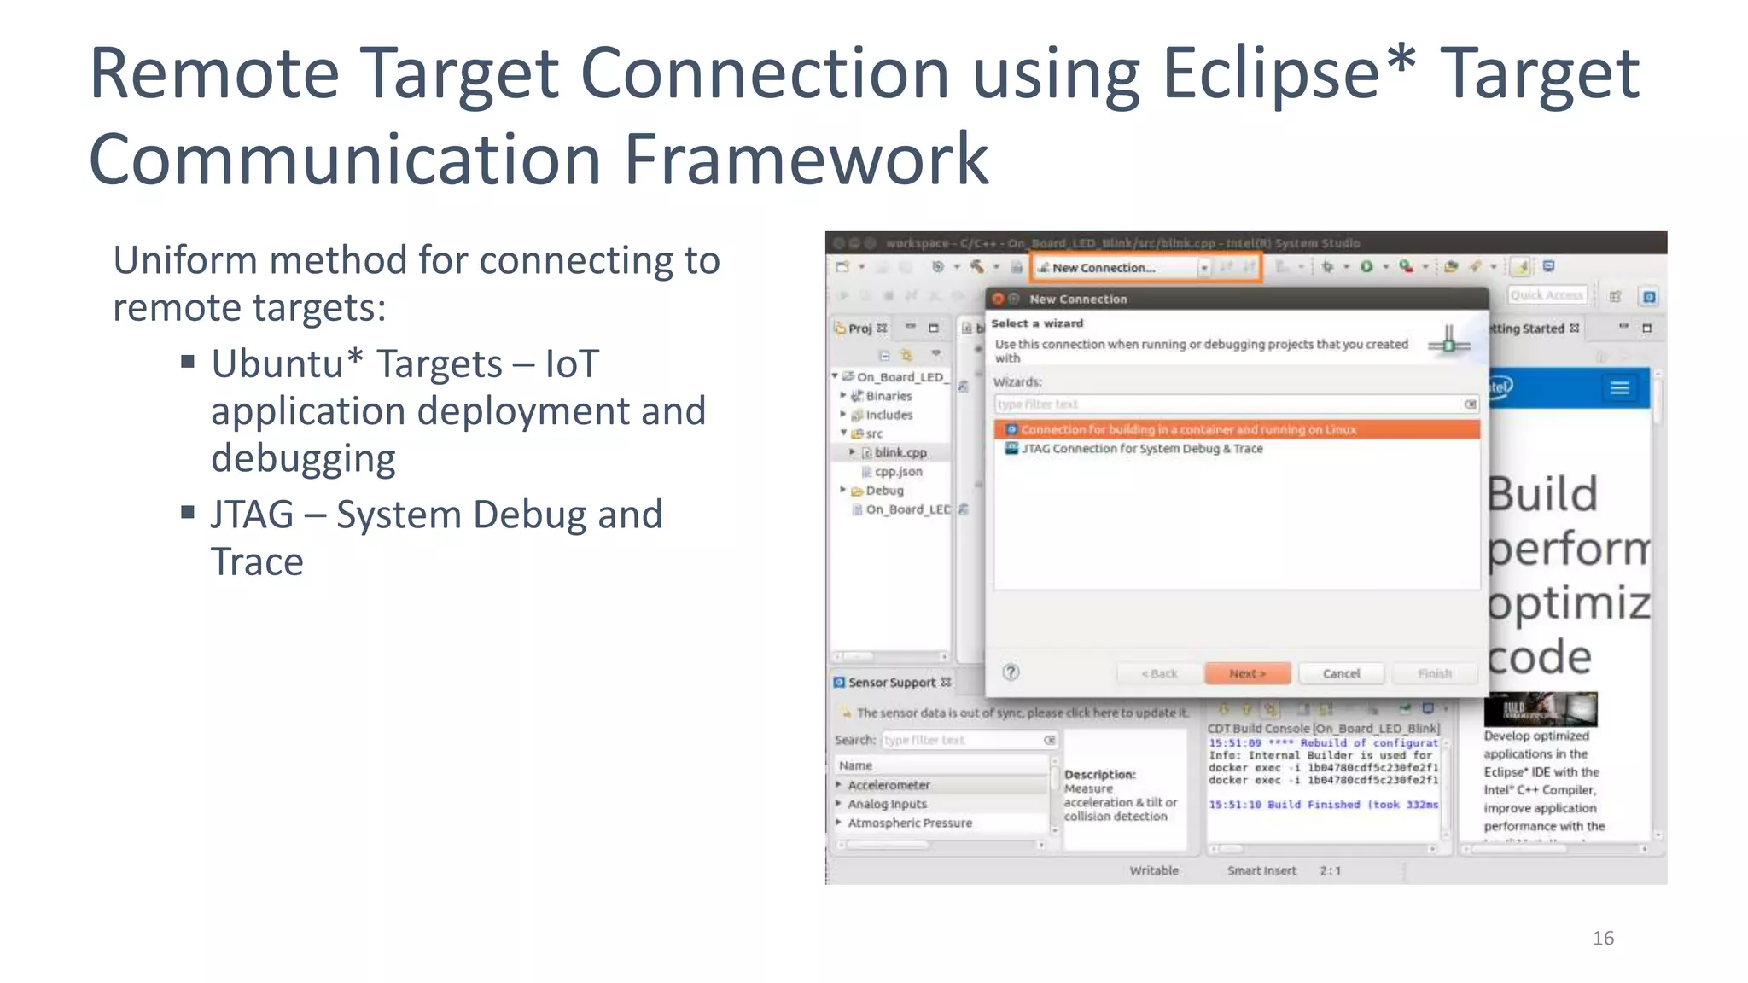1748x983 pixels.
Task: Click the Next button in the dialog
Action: pos(1247,673)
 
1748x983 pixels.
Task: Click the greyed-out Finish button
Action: pos(1434,673)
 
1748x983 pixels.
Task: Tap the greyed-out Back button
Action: pos(1159,673)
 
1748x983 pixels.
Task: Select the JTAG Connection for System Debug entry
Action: pos(1142,449)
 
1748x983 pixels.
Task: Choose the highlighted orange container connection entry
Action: pos(1188,429)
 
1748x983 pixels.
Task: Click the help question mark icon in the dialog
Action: pos(1011,672)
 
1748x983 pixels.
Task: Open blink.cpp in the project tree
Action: pos(900,452)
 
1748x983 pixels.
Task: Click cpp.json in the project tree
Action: pos(898,471)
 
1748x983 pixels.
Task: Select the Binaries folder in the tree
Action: pos(889,396)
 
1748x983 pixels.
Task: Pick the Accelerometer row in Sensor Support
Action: pos(889,785)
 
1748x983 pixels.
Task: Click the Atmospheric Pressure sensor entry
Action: pos(910,823)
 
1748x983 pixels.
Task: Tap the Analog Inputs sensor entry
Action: pos(887,804)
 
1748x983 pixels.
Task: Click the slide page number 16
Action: pos(1603,938)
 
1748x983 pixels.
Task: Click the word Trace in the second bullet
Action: pos(257,561)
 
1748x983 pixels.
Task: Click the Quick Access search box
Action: pos(1546,295)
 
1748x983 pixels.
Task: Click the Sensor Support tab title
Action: pos(892,683)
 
